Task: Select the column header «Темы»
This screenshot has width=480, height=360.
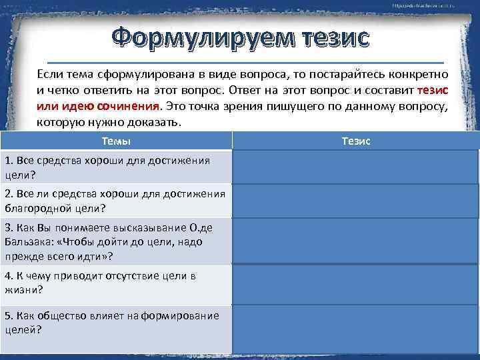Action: (x=116, y=141)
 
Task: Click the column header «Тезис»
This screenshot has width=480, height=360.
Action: (x=355, y=141)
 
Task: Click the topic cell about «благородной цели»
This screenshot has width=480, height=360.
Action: (x=116, y=201)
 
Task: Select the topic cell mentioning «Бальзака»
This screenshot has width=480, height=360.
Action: (x=116, y=242)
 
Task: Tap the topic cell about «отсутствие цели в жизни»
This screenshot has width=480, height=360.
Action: (x=116, y=283)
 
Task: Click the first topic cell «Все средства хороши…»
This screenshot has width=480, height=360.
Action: (x=116, y=166)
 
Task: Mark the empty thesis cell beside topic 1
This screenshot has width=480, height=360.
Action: (x=355, y=166)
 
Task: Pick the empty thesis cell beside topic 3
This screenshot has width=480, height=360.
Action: (x=355, y=242)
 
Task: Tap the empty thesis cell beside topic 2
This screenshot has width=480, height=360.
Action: (x=355, y=201)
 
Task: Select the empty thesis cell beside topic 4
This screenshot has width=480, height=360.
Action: (x=355, y=283)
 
